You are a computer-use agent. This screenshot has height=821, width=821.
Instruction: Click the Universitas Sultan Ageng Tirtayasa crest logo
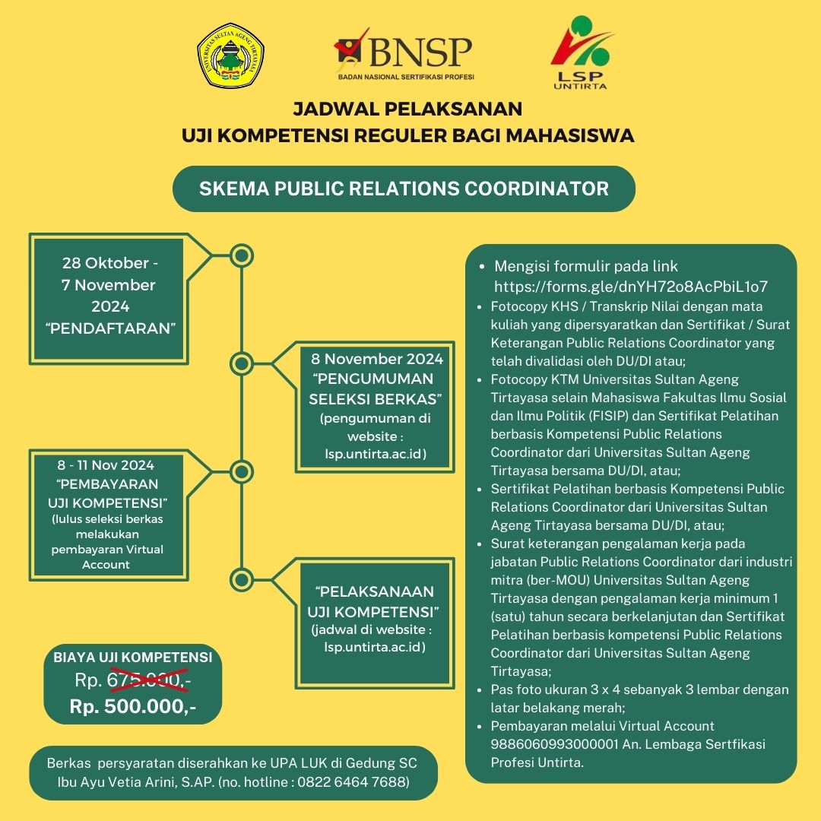click(230, 55)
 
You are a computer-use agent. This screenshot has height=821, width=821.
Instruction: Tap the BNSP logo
click(404, 54)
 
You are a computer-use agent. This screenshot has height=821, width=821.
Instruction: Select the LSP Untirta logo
click(582, 52)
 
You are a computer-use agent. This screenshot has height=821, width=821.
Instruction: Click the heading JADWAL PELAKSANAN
click(407, 109)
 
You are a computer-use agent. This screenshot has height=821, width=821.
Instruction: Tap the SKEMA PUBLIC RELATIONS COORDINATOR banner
click(404, 189)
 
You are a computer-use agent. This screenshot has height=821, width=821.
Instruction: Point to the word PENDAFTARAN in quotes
click(110, 328)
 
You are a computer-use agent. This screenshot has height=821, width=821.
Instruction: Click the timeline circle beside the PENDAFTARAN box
click(242, 256)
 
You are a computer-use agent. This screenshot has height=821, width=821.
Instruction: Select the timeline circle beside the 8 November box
click(242, 363)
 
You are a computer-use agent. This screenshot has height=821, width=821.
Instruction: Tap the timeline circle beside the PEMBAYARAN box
click(242, 472)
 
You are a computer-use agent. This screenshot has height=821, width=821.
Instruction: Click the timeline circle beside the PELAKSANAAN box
click(242, 579)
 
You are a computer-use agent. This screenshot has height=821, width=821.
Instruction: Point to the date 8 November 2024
click(377, 359)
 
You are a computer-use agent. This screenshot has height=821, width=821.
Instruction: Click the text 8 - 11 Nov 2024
click(106, 465)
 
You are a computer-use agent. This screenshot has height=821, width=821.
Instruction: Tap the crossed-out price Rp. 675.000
click(133, 680)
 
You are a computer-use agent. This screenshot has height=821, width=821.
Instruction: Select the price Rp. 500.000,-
click(133, 706)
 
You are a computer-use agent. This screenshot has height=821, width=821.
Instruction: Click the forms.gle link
click(631, 287)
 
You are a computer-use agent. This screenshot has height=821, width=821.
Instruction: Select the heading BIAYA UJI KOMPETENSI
click(133, 657)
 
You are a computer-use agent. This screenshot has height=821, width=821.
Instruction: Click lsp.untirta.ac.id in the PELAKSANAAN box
click(374, 647)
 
